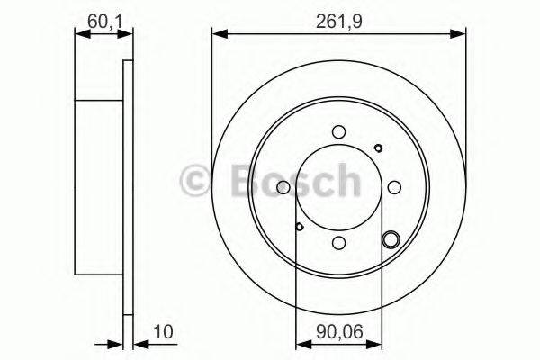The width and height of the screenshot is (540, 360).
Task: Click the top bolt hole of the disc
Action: [337, 131]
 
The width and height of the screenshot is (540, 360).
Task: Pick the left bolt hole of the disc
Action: [283, 187]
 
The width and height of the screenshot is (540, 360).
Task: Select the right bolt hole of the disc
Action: [393, 187]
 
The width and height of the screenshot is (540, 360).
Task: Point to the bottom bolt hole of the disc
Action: [337, 242]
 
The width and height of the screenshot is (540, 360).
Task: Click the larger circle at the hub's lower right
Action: [391, 239]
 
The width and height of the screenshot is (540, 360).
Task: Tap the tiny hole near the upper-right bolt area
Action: [379, 148]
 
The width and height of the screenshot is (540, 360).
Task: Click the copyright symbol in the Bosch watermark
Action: [197, 182]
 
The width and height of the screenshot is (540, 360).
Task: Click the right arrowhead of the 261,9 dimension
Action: [460, 34]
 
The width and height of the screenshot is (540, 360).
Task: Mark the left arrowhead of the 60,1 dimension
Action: [79, 34]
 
